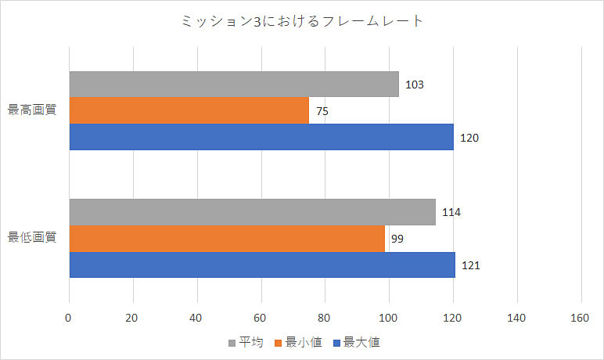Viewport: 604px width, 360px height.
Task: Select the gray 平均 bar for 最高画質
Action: pos(234,85)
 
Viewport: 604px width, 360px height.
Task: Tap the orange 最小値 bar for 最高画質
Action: pos(189,110)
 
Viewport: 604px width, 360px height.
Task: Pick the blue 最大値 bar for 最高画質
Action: pos(261,137)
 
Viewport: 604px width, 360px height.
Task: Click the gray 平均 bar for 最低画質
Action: pos(252,212)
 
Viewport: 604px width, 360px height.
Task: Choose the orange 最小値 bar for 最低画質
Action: pos(228,238)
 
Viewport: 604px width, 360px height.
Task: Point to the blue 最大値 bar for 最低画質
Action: pos(263,265)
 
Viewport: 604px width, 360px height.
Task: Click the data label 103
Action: pos(415,85)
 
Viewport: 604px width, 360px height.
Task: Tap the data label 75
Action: pos(322,111)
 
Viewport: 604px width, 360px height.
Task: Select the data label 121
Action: pos(469,265)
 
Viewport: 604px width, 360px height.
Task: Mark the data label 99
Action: pos(397,239)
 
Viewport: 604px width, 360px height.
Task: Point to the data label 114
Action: pos(451,212)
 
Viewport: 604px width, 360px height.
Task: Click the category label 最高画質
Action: pos(32,110)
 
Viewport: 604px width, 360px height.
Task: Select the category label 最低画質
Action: pos(32,237)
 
